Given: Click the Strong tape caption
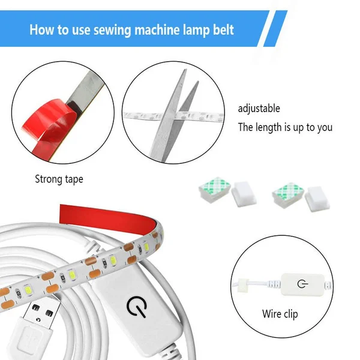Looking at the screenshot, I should (59, 179).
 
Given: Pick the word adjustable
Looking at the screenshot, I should (259, 109).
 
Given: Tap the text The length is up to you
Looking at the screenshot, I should (285, 127).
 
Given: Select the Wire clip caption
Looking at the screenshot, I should (280, 314).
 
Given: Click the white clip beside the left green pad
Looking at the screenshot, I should (242, 195).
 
